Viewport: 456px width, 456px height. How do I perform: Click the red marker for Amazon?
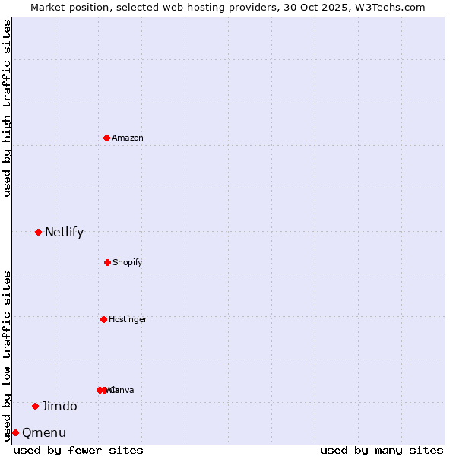point(107,138)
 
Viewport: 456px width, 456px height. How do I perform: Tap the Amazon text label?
point(128,138)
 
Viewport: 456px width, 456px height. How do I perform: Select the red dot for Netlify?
point(38,232)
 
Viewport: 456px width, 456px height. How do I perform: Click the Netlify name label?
point(64,233)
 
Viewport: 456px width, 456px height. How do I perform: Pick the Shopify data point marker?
point(107,262)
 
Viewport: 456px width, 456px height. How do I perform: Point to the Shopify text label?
point(128,263)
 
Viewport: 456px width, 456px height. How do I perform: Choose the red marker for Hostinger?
point(103,319)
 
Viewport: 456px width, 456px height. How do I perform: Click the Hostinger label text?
point(128,320)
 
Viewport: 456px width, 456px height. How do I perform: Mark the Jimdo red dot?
point(35,406)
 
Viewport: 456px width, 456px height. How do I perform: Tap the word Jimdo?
point(59,407)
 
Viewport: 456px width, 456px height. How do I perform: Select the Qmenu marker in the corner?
point(15,432)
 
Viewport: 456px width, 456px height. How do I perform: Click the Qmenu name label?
point(44,433)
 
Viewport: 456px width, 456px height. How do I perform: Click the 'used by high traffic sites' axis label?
point(7,108)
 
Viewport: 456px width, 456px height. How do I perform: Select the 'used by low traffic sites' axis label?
point(7,356)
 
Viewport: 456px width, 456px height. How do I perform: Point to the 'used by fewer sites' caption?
point(78,450)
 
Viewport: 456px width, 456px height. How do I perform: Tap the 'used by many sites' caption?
point(382,450)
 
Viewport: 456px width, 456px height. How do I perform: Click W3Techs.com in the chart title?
point(391,8)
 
